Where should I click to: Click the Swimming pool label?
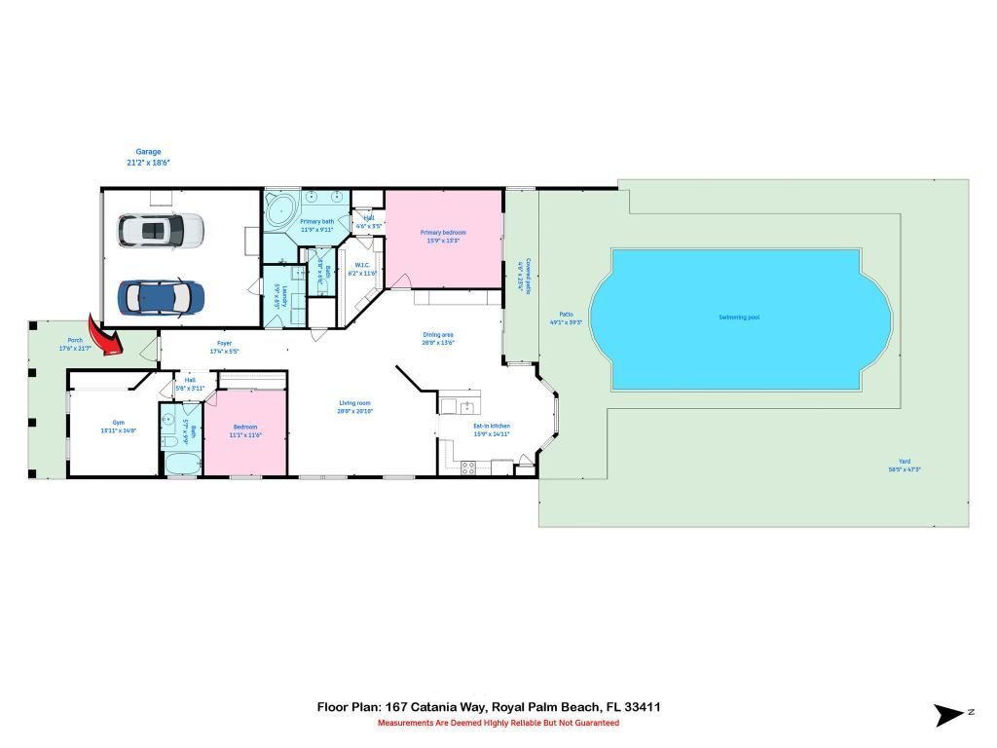[x=741, y=318]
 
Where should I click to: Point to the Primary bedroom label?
[x=443, y=233]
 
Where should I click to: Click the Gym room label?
[x=118, y=424]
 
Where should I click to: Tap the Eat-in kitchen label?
[x=491, y=426]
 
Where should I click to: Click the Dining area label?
[x=438, y=335]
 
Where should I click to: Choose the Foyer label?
[x=224, y=344]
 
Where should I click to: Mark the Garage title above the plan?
[x=148, y=152]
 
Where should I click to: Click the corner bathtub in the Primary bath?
[x=281, y=210]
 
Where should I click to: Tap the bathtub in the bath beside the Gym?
[x=182, y=463]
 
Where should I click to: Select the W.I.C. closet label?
[x=362, y=265]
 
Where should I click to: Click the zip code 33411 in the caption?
[x=645, y=707]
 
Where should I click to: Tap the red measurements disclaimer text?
[x=498, y=723]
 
